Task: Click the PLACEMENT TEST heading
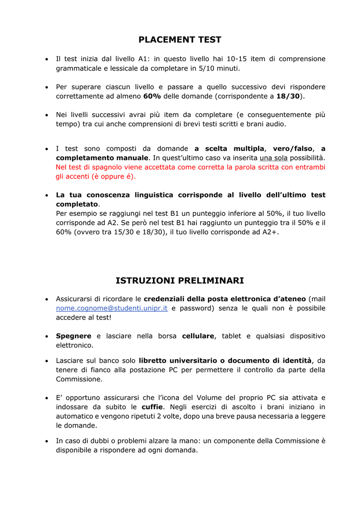pos(180,40)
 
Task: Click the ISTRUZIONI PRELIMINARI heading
pos(180,281)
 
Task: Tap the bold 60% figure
pos(152,96)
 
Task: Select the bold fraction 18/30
pos(288,96)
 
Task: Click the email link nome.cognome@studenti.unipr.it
pos(112,309)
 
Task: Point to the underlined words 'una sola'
pos(274,158)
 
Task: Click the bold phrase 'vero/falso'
pos(293,148)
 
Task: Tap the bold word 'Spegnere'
pos(73,336)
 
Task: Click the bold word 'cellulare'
pos(199,336)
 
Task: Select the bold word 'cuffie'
pos(152,407)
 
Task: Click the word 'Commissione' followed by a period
pos(78,379)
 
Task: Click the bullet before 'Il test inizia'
pos(46,59)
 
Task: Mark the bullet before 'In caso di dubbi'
pos(46,441)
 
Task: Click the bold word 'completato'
pos(77,204)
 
